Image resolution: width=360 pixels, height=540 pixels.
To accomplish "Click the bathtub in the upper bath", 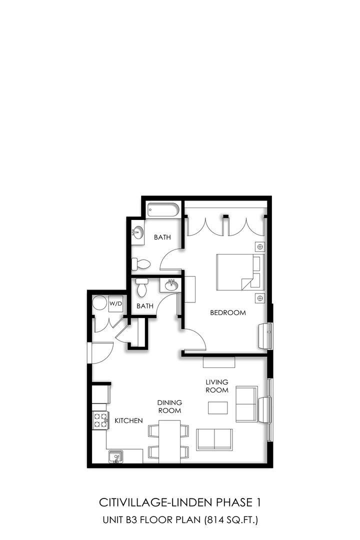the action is (162, 210).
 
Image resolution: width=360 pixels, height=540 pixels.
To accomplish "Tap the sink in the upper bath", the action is (138, 232).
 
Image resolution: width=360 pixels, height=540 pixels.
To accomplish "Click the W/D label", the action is (116, 304).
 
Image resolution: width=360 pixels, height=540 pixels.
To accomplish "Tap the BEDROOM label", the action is (228, 312).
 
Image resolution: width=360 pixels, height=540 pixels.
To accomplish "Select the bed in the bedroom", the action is (240, 272).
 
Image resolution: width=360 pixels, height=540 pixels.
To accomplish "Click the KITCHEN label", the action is (128, 420).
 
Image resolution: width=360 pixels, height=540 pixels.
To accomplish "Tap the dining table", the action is (169, 441).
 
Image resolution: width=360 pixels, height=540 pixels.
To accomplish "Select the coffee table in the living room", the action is (217, 408).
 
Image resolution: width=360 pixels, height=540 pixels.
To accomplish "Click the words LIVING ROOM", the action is (217, 386).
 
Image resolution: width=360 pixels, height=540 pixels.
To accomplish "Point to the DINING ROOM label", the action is (169, 406).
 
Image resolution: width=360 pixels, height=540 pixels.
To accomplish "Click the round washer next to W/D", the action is (100, 304).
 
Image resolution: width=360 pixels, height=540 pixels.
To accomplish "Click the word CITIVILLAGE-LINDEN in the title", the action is (156, 502).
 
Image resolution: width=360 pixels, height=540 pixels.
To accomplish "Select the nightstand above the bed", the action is (260, 246).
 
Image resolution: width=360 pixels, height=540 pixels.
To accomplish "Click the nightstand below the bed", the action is (260, 298).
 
